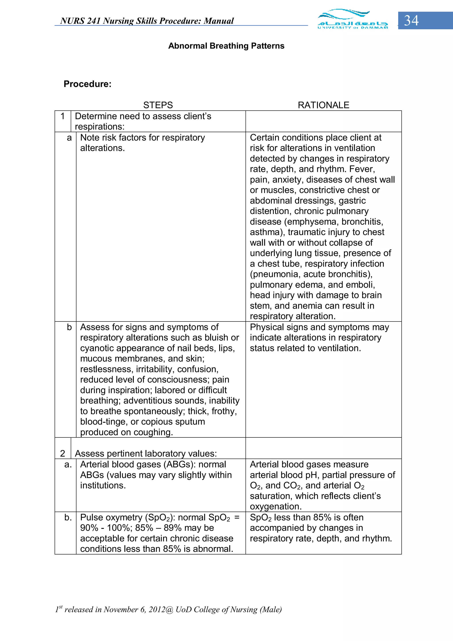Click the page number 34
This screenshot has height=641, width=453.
click(411, 21)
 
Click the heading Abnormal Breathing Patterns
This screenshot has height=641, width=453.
click(226, 46)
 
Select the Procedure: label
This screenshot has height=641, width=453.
click(87, 84)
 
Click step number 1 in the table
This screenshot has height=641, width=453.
click(63, 116)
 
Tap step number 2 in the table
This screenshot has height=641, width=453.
click(63, 453)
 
